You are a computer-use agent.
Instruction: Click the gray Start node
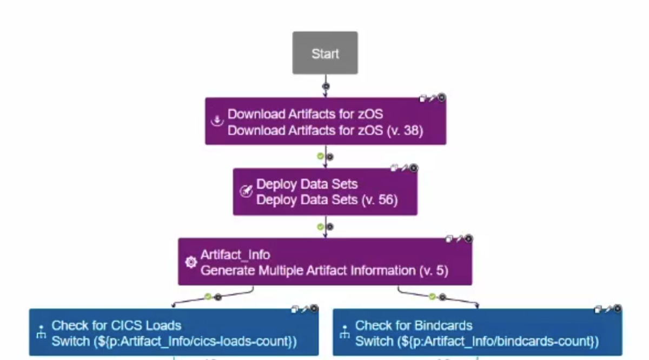point(325,53)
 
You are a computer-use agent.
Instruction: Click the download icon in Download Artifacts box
point(217,122)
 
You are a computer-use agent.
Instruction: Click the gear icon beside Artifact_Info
point(190,262)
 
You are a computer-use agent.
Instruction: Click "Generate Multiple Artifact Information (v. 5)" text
point(324,270)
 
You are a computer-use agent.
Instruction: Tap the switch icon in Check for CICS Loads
point(41,334)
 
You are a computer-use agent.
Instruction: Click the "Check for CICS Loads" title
point(116,325)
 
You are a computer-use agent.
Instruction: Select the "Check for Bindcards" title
point(414,325)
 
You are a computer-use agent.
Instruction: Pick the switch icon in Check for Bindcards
point(345,334)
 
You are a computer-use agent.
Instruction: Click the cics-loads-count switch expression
point(174,342)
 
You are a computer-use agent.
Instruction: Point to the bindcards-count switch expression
point(476,342)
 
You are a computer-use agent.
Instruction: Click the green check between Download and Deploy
point(320,156)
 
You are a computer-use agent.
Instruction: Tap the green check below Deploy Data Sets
point(320,226)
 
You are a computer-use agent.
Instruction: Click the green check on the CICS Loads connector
point(208,297)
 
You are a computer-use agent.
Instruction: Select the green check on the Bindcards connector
point(432,297)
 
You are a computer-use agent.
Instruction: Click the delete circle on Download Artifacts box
point(441,98)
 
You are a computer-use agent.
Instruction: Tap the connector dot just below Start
point(325,85)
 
